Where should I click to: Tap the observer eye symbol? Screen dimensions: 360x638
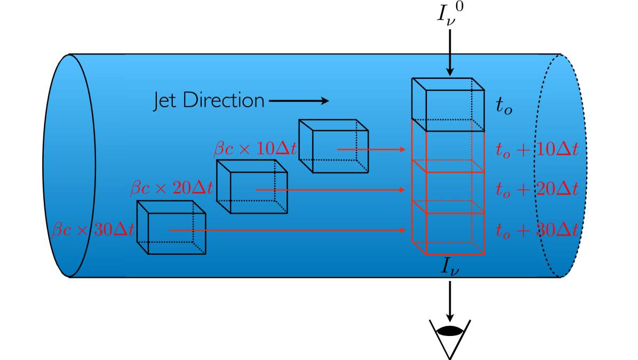(x=449, y=331)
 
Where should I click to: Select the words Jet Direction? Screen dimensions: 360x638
(x=209, y=101)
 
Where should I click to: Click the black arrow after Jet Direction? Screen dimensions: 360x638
(x=299, y=101)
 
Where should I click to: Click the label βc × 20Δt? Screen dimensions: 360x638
(x=172, y=188)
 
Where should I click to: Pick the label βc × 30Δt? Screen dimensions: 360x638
(x=93, y=230)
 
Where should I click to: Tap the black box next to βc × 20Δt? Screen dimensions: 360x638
(x=252, y=187)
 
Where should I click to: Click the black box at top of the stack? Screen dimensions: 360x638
(x=448, y=104)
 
